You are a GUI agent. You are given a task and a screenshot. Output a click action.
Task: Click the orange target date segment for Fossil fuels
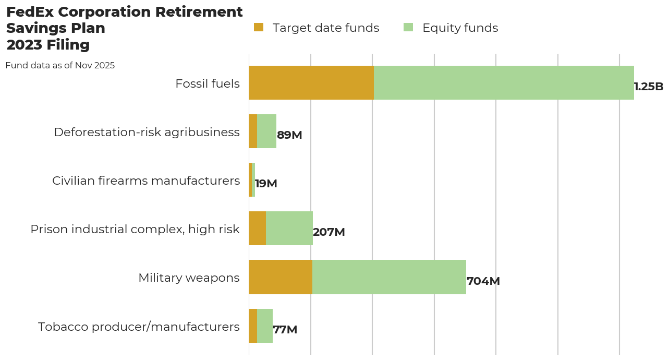(311, 82)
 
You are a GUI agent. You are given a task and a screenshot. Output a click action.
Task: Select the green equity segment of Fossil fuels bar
(504, 82)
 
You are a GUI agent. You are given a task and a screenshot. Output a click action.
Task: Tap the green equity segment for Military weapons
(389, 277)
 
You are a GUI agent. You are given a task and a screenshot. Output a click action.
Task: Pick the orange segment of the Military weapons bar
(281, 277)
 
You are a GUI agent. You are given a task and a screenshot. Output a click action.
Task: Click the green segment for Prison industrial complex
(289, 229)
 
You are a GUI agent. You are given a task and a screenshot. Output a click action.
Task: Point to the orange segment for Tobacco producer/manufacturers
(253, 326)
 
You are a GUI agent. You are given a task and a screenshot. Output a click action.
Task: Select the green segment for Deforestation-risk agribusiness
(266, 131)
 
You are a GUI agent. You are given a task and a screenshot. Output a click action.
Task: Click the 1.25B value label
(649, 87)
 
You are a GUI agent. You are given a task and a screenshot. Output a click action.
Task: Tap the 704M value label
(483, 281)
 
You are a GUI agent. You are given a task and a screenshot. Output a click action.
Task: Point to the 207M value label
(329, 232)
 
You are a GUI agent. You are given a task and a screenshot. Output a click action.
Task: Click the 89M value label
(289, 135)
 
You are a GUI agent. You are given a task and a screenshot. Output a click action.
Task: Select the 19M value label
(266, 184)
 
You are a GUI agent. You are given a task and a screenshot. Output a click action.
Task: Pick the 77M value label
(285, 330)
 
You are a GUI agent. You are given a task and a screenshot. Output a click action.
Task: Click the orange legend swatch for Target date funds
(259, 27)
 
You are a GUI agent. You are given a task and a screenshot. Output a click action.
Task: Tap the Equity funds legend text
(460, 28)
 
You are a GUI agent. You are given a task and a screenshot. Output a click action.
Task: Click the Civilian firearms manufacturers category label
(146, 181)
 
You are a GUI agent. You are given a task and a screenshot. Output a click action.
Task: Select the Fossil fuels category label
(208, 83)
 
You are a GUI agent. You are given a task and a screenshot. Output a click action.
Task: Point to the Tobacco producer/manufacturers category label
(139, 327)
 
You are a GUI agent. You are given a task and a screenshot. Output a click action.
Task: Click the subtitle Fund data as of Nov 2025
(60, 66)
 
